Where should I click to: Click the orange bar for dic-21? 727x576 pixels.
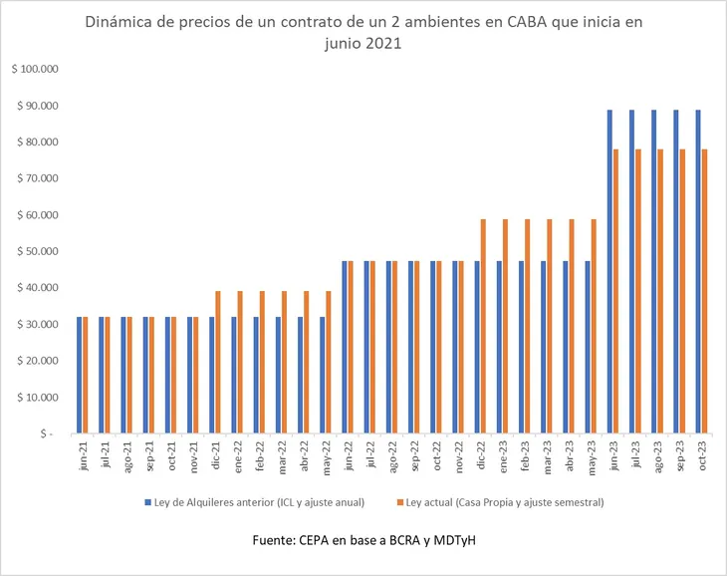pos(218,363)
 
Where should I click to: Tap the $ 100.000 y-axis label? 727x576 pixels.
pos(36,70)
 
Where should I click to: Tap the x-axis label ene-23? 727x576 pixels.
pos(504,456)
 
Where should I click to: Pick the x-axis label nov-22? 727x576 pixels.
pos(460,456)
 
